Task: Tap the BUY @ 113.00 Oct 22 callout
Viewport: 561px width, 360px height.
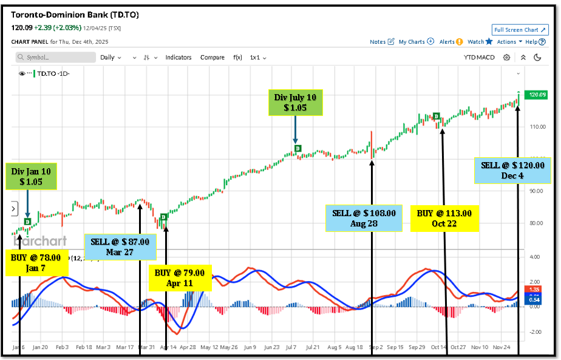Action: pyautogui.click(x=444, y=218)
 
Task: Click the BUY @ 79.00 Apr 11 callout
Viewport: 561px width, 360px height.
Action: pyautogui.click(x=182, y=277)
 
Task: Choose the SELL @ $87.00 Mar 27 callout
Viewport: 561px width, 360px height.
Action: pyautogui.click(x=120, y=246)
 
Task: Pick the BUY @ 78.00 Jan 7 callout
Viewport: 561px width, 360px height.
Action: pyautogui.click(x=36, y=262)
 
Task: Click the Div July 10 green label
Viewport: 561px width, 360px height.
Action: pyautogui.click(x=295, y=102)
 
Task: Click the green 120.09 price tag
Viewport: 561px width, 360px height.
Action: pyautogui.click(x=534, y=95)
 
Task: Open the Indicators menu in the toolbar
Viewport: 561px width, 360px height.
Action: pyautogui.click(x=178, y=58)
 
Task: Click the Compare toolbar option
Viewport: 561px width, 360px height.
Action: pyautogui.click(x=212, y=58)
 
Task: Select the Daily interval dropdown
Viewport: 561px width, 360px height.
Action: pyautogui.click(x=110, y=58)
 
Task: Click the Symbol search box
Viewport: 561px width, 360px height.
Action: pyautogui.click(x=55, y=57)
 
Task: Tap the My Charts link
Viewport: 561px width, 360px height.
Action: pyautogui.click(x=416, y=42)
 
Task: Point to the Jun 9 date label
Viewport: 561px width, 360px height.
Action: pyautogui.click(x=250, y=348)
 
